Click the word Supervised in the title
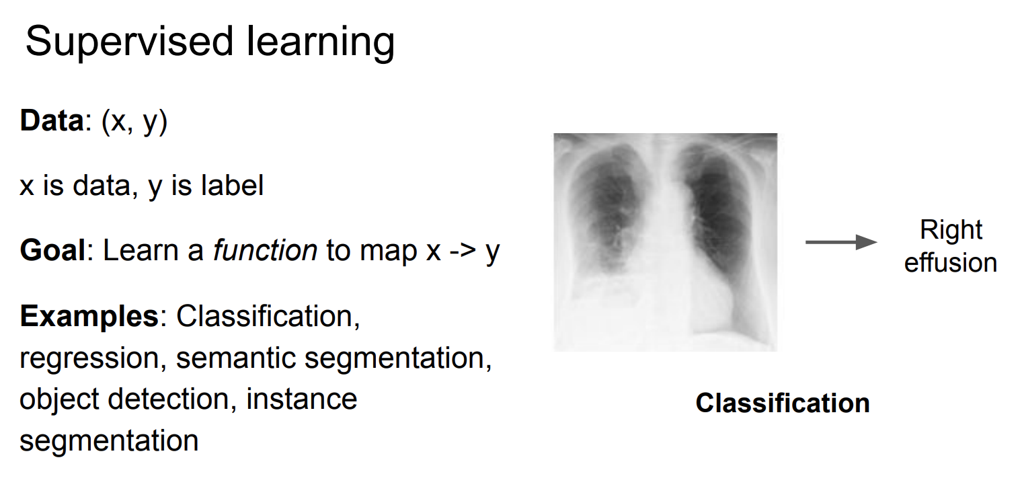tap(130, 42)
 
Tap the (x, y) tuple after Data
tap(134, 122)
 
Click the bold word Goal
tap(52, 250)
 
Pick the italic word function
tap(265, 250)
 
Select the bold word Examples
tap(89, 316)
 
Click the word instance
tap(302, 399)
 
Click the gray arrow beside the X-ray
tap(841, 242)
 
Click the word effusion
tap(951, 263)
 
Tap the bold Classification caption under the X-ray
tap(783, 403)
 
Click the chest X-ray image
tap(665, 242)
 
